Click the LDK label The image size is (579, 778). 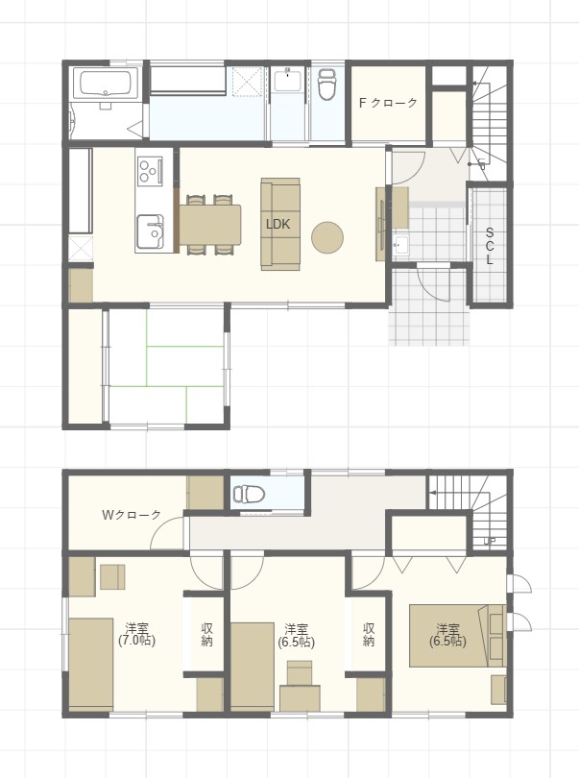click(x=277, y=224)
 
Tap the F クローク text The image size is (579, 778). click(x=388, y=103)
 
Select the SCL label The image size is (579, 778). click(x=490, y=246)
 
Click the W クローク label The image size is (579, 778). click(x=132, y=515)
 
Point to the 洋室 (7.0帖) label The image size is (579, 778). click(x=136, y=635)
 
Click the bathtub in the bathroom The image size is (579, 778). click(x=106, y=84)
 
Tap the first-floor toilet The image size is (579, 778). click(x=327, y=84)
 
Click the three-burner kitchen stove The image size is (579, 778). click(x=150, y=171)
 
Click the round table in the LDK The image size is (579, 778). click(x=327, y=237)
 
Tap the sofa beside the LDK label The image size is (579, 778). click(x=280, y=224)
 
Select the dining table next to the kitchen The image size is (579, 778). click(x=210, y=224)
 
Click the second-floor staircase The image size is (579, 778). click(x=469, y=511)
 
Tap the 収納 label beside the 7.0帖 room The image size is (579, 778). click(x=206, y=635)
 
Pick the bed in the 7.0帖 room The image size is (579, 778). click(x=91, y=665)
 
